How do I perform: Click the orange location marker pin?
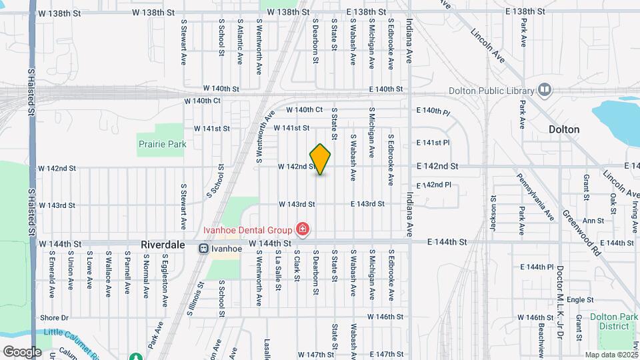[321, 159]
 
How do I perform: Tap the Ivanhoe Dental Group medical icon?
[303, 230]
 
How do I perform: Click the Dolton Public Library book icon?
[545, 90]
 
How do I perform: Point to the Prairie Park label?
[162, 144]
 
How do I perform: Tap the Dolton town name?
[564, 129]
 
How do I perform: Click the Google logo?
[22, 351]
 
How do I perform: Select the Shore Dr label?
[55, 318]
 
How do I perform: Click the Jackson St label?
[494, 213]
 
